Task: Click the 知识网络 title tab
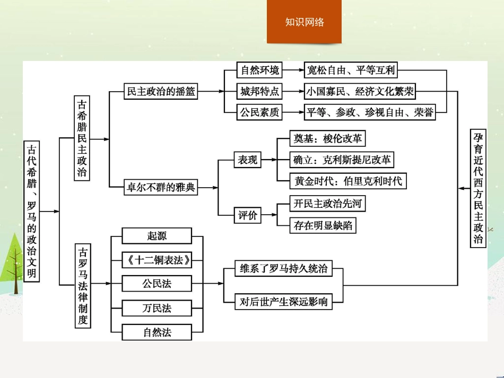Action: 304,22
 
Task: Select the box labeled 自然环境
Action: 259,70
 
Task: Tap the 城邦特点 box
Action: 259,91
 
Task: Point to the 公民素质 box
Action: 259,112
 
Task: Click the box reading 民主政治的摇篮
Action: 161,91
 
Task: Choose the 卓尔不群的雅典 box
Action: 160,187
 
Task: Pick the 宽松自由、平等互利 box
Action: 351,70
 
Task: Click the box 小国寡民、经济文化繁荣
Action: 360,91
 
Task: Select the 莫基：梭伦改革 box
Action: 328,139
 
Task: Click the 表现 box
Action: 247,160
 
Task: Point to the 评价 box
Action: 247,215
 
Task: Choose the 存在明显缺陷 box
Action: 323,225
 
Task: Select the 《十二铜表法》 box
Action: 156,260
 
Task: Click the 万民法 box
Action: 156,308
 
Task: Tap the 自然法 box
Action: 156,332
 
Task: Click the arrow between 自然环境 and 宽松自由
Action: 293,70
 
